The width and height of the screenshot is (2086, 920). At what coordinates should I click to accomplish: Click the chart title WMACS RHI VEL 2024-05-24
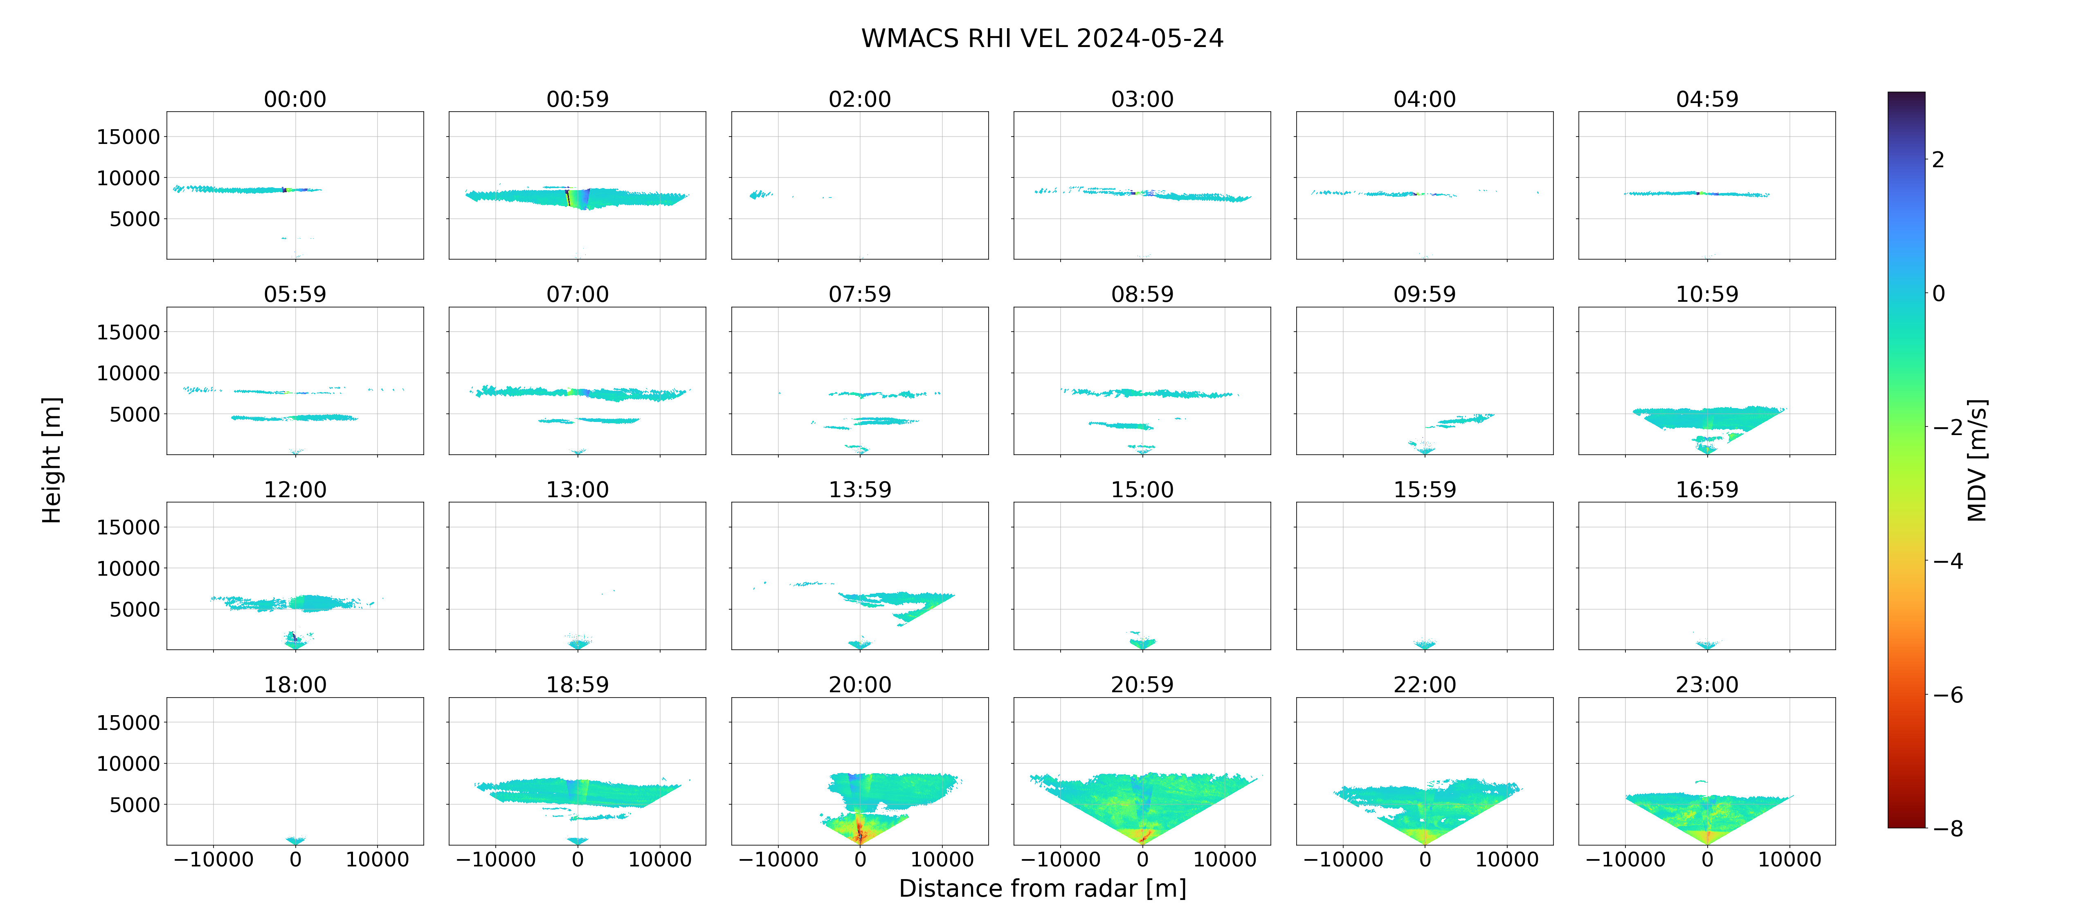coord(1042,38)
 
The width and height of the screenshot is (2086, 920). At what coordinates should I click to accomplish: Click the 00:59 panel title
coord(578,99)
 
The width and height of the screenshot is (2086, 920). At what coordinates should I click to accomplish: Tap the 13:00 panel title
coord(578,489)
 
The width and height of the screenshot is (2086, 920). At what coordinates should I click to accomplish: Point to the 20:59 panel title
coord(1142,684)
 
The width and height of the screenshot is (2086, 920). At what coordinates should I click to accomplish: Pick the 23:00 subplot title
coord(1707,684)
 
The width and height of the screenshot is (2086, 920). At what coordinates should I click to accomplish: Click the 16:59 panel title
coord(1707,489)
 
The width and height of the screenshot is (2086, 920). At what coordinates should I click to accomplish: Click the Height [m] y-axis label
coord(51,460)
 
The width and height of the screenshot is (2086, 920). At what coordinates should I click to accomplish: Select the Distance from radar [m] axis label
coord(1042,889)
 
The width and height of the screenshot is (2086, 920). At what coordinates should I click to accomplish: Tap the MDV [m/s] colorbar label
coord(1977,460)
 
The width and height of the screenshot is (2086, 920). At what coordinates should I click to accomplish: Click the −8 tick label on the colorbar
coord(1948,828)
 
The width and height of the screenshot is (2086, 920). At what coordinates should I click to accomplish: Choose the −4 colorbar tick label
coord(1948,561)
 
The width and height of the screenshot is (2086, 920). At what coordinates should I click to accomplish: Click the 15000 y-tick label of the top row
coord(128,137)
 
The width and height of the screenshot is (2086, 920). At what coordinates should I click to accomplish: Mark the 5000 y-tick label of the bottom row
coord(135,804)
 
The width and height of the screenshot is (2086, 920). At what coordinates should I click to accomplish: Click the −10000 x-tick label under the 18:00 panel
coord(214,859)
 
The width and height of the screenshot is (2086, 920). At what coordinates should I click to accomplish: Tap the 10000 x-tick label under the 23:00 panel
coord(1789,859)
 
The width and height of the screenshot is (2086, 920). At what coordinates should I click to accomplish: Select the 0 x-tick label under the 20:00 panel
coord(860,859)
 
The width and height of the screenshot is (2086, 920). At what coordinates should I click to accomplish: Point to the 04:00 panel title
coord(1424,99)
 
